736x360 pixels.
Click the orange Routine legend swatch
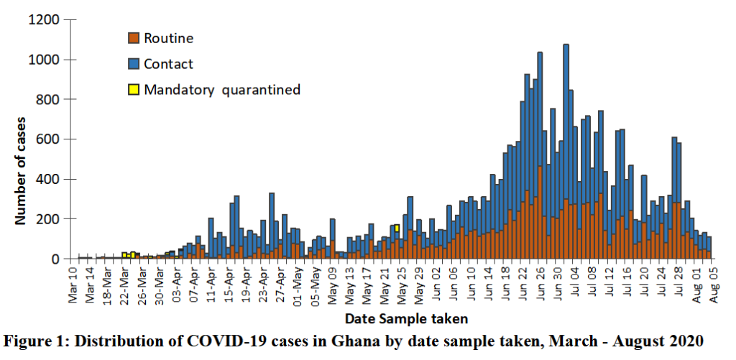click(x=133, y=38)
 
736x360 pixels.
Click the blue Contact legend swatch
click(x=133, y=64)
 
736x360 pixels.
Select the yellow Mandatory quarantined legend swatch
click(x=133, y=90)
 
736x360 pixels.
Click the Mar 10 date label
click(x=73, y=284)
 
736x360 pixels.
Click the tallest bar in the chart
click(x=566, y=144)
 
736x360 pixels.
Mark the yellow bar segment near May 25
click(x=397, y=228)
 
